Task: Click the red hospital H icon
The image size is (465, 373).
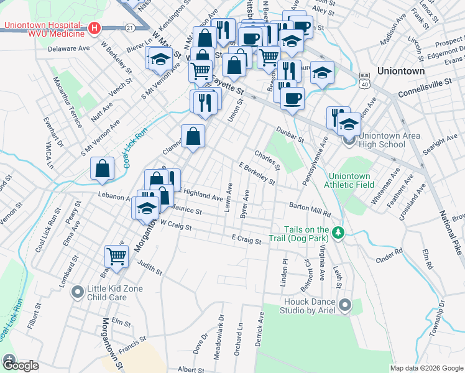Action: (x=94, y=28)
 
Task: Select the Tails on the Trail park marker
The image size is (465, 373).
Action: (x=338, y=233)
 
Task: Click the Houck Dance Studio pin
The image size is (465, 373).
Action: (x=346, y=305)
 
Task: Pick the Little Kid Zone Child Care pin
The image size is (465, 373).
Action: (x=78, y=291)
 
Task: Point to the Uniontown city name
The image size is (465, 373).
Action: (x=401, y=71)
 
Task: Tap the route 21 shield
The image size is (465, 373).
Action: (x=129, y=27)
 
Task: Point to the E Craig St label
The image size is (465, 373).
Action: (x=246, y=238)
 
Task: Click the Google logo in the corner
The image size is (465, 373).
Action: (x=20, y=366)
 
